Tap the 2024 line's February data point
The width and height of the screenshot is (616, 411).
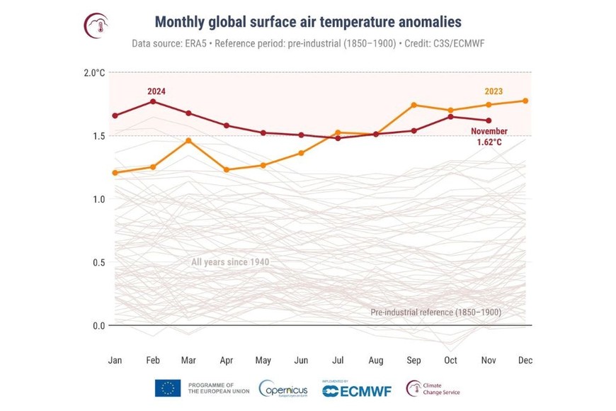tap(152, 101)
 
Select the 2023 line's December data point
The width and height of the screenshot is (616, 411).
tap(525, 101)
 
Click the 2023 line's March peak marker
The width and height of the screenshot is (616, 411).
tap(189, 140)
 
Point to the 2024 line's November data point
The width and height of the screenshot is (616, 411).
tap(488, 120)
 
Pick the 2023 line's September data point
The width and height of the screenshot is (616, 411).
tap(413, 105)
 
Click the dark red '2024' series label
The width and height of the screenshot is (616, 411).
tap(156, 91)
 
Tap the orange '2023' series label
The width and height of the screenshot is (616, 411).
tap(494, 91)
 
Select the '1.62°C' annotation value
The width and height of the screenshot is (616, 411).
tap(490, 142)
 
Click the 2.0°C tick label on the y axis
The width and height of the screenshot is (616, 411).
tap(95, 72)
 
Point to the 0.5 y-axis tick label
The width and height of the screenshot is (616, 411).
tap(98, 262)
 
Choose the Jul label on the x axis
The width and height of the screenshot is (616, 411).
tap(338, 361)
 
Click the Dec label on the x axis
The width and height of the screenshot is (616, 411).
tap(525, 361)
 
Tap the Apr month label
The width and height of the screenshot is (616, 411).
tap(227, 361)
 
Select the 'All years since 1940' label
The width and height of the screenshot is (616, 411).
tap(230, 262)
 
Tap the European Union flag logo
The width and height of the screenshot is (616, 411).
tap(168, 388)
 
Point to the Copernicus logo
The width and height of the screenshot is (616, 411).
tap(283, 388)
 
